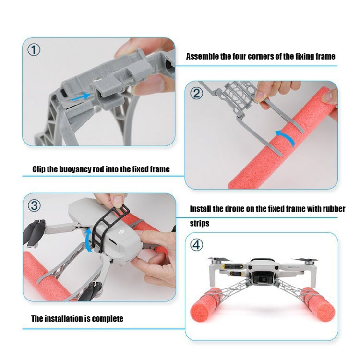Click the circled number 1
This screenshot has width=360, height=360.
pos(34,50)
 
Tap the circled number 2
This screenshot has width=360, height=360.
pos(196,94)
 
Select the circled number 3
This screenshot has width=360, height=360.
pos(34,205)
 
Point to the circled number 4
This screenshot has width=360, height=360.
pos(196,245)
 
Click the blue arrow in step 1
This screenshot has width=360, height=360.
pos(81,96)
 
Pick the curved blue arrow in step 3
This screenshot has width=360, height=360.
pos(88,241)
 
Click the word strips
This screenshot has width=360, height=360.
pos(199,223)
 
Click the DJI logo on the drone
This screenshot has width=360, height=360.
pos(121,232)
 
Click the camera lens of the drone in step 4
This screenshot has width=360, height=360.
pos(264,279)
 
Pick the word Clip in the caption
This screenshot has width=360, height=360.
pos(39,169)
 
